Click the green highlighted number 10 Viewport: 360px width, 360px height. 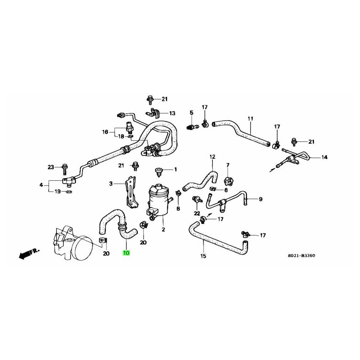point(126,253)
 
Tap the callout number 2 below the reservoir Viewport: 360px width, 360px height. point(163,229)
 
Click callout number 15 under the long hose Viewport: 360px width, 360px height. point(203,256)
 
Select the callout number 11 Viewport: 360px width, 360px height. point(250,119)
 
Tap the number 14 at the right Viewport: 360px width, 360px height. point(324,157)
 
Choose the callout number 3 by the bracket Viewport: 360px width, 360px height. point(111,184)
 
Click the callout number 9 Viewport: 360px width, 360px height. point(261,199)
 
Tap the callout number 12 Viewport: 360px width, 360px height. point(212,157)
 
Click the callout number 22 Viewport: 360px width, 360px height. point(196,213)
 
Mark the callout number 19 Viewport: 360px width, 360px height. point(57,192)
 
